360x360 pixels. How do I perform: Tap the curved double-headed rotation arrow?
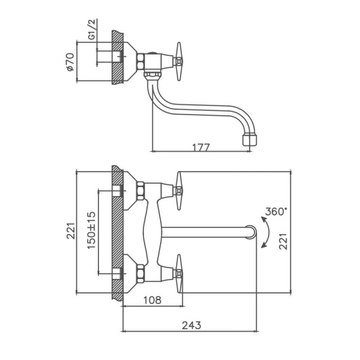266,232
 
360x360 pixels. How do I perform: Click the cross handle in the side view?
179,60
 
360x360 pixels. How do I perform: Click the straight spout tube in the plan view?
204,232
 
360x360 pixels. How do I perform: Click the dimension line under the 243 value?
191,331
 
